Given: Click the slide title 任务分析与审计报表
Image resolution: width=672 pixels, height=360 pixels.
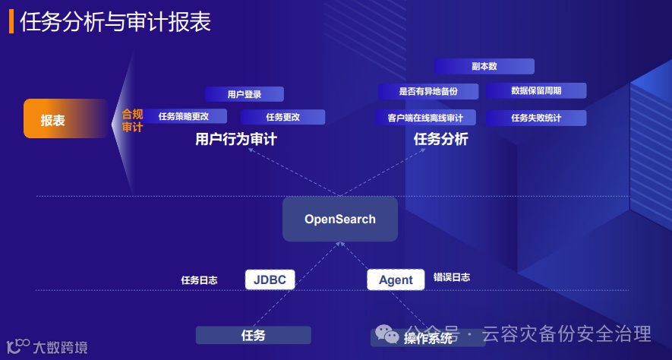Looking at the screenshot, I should tap(115, 22).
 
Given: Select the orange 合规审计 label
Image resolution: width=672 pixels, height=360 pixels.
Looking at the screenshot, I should tap(132, 121).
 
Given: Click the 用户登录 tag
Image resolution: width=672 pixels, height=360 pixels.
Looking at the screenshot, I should tap(244, 94).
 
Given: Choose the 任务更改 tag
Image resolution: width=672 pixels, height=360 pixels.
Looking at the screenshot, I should tap(282, 117).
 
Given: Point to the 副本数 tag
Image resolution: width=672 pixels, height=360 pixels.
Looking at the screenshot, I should tap(484, 66).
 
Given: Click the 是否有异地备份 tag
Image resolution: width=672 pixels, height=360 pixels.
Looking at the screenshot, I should tap(428, 91).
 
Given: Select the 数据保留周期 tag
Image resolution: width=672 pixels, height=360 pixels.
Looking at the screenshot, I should tap(536, 91).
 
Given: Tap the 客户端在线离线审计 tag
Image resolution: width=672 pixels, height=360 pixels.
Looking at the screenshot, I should tap(425, 118).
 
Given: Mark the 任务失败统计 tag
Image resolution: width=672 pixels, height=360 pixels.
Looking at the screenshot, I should tap(536, 118).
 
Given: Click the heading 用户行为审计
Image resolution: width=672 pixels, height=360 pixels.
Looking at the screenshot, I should tap(235, 140).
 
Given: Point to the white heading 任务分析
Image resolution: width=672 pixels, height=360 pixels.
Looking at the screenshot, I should tap(440, 140).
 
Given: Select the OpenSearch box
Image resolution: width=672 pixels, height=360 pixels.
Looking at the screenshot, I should tap(340, 219).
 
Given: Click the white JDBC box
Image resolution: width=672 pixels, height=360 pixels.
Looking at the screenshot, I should tap(270, 279).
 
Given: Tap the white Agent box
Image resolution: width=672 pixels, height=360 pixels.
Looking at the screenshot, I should tap(396, 279).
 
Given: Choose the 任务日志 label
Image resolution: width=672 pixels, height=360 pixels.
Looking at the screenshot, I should tap(199, 279).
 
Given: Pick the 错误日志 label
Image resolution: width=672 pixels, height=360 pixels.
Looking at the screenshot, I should tap(452, 277).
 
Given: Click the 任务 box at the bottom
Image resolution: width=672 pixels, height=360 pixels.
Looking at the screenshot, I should tap(254, 335).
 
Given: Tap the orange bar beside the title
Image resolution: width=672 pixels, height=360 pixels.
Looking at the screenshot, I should tap(11, 22).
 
